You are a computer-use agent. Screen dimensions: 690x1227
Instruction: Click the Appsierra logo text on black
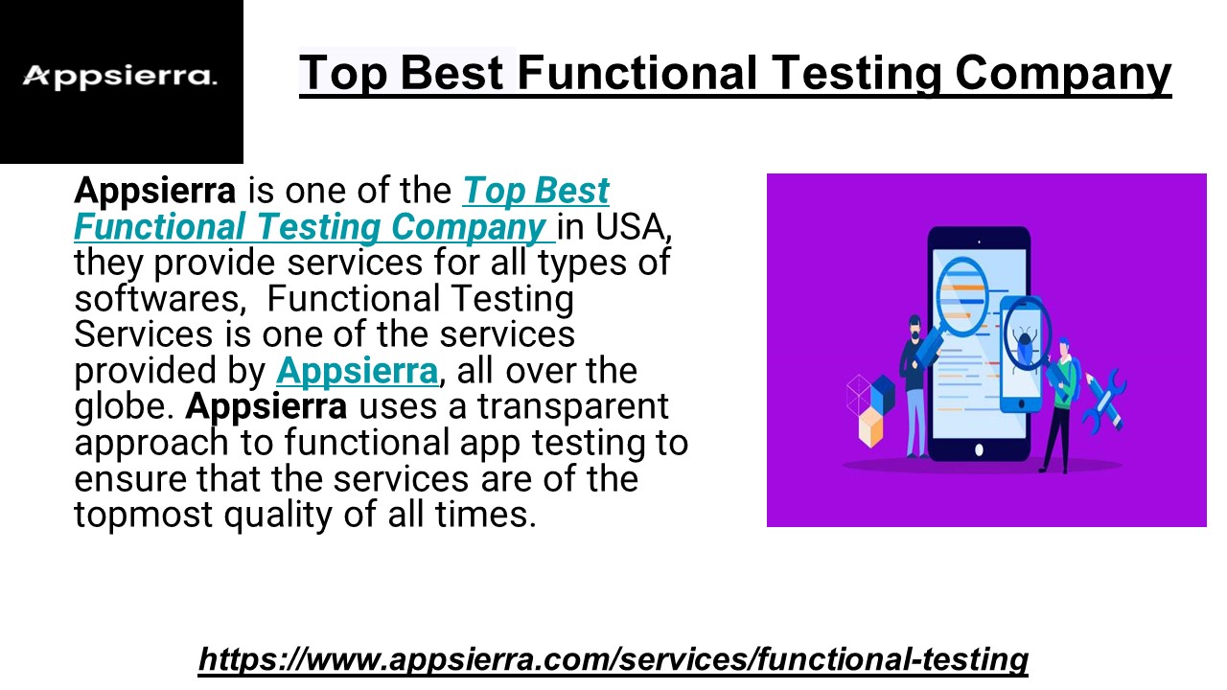coord(120,76)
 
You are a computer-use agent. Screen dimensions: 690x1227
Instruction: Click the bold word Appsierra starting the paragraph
coord(154,191)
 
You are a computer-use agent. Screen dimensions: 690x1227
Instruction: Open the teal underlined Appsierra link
coord(357,370)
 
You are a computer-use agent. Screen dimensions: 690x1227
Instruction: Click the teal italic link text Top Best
coord(536,191)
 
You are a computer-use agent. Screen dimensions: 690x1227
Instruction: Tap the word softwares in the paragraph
coord(155,299)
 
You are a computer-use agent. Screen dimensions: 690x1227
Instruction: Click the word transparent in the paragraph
coord(573,406)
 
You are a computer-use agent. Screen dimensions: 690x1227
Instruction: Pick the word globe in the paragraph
coord(123,406)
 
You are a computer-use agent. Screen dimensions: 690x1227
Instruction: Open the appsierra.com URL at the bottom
coord(613,659)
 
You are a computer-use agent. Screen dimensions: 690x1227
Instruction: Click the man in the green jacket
coord(1061,402)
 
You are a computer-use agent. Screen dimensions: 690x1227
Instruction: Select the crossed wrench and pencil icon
coord(1103,397)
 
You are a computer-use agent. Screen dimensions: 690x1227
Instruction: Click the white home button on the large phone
coord(979,449)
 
